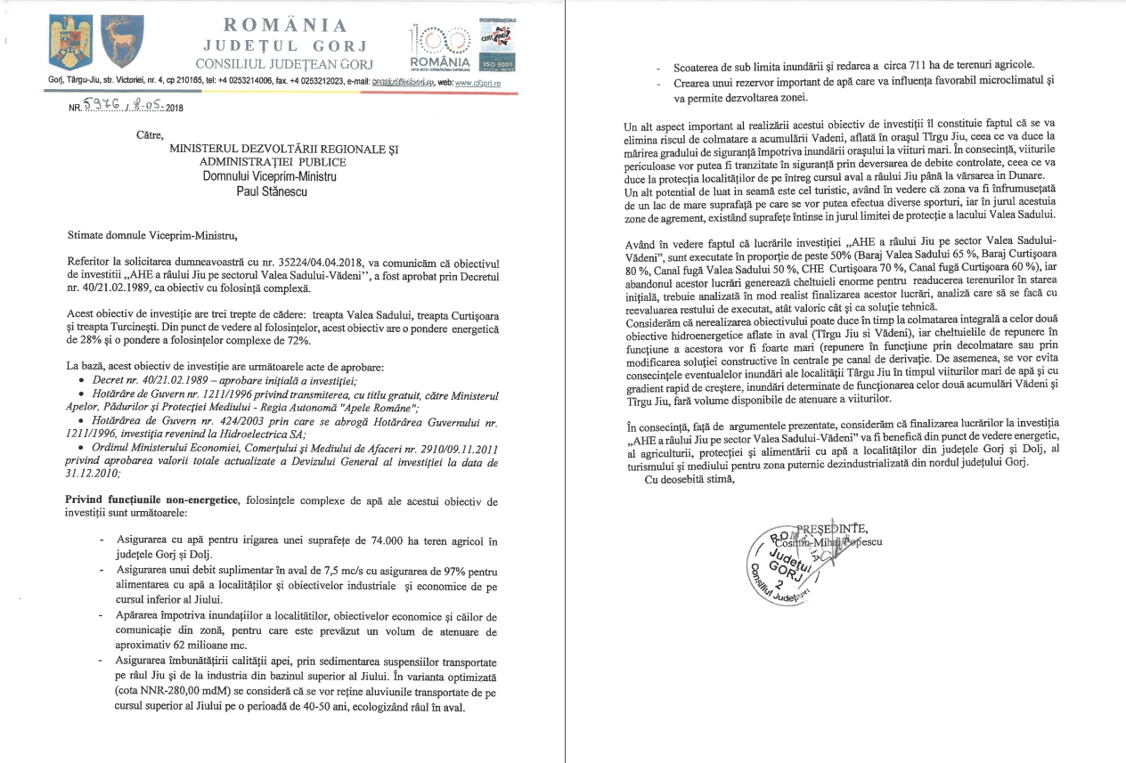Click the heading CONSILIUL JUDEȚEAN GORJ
(x=284, y=64)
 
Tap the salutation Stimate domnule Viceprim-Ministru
(x=153, y=236)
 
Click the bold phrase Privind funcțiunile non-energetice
(x=151, y=500)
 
